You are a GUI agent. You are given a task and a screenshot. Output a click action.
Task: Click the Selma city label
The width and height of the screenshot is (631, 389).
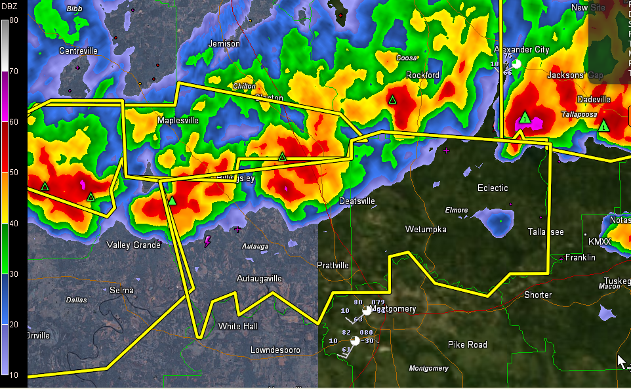coord(121,290)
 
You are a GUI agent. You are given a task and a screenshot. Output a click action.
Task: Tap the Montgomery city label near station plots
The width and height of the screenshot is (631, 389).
coord(394,309)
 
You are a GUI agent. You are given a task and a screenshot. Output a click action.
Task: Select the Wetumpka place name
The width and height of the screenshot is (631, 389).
coord(426,230)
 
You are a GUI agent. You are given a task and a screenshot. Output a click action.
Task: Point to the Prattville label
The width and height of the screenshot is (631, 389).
coord(333,265)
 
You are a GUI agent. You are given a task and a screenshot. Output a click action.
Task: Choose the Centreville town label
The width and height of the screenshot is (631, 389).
coord(78,51)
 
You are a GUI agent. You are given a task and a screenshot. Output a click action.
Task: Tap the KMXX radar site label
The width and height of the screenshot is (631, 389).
coord(600,242)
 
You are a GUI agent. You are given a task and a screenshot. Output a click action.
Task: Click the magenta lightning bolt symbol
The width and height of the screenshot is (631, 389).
coord(208,242)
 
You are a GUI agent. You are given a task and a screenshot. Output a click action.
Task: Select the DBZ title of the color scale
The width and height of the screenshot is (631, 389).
coord(10,8)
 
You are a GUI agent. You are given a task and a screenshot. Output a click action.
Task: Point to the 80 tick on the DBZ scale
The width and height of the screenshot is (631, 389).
coord(14,20)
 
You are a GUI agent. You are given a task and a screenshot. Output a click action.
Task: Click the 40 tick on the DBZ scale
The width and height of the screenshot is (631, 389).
coord(14,223)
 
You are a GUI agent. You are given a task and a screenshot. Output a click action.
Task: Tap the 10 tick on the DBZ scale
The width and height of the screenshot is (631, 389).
coord(14,375)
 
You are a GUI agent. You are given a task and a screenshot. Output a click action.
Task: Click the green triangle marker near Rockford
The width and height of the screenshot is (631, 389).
coord(392,100)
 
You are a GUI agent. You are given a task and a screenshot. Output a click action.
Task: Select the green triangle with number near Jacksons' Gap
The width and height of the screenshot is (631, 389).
coord(525,118)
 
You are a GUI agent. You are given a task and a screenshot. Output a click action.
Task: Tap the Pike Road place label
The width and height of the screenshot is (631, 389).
coord(467,344)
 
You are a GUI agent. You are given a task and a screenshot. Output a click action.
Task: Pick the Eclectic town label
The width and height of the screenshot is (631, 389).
coord(493,188)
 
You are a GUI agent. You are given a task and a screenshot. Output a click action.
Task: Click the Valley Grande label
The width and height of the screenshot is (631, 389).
coord(134,245)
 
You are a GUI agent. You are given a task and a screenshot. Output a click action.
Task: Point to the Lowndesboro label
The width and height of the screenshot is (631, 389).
coord(275,350)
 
